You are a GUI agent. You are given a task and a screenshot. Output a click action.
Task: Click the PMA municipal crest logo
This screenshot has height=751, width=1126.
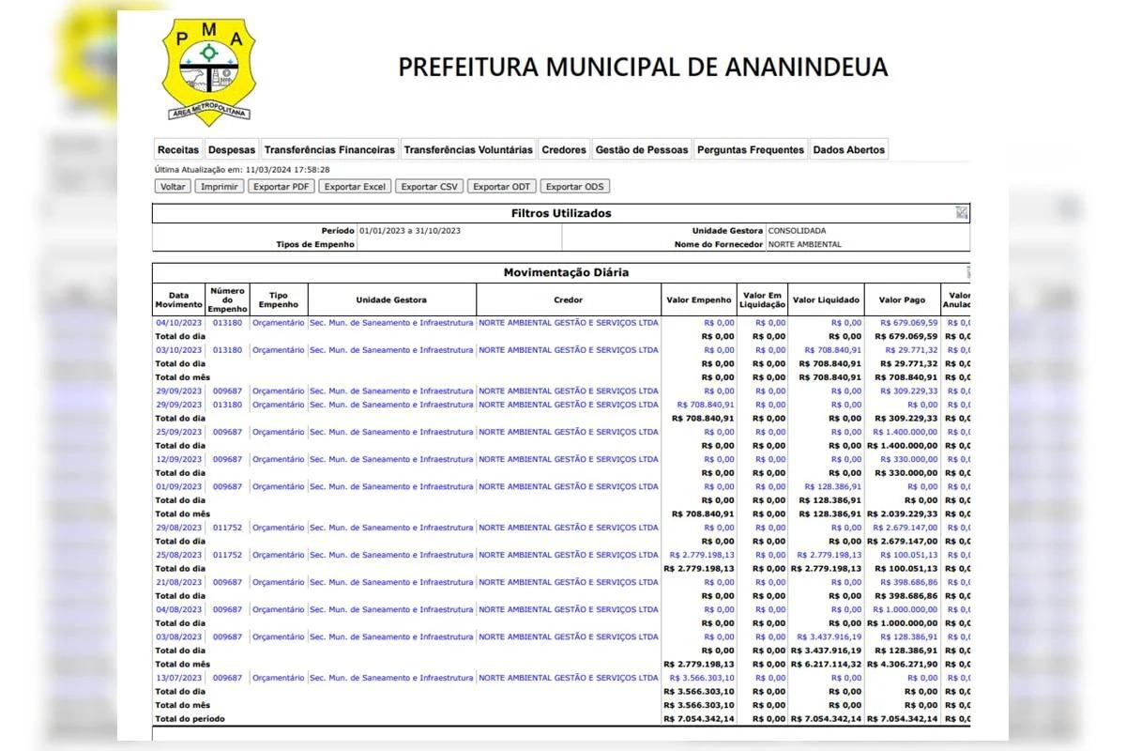tap(208, 70)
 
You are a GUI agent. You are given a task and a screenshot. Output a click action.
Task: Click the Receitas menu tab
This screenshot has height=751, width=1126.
tap(178, 149)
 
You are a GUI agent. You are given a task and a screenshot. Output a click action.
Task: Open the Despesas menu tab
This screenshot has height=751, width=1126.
tap(232, 149)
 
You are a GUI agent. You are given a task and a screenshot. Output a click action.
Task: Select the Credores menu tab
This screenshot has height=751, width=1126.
tap(564, 149)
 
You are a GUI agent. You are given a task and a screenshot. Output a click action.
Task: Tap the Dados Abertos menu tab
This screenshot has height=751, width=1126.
tap(848, 149)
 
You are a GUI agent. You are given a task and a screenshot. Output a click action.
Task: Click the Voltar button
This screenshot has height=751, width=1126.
tap(173, 187)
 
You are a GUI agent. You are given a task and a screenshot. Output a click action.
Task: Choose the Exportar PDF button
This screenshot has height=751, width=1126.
tap(281, 187)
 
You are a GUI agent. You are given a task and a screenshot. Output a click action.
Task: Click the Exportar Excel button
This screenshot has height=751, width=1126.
tap(355, 187)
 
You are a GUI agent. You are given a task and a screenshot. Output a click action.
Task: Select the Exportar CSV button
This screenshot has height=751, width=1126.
tap(429, 187)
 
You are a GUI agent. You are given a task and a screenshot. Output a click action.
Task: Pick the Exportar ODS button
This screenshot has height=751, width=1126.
tap(575, 187)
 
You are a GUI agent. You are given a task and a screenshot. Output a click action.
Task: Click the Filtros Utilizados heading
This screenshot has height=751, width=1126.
tap(561, 213)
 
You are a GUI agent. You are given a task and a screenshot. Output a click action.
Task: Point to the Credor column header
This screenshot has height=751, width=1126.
tap(568, 300)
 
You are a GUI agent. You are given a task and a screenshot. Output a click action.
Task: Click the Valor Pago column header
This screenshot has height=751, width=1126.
tap(902, 300)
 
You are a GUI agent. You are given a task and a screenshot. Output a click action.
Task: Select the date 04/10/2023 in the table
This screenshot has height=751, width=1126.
tap(178, 323)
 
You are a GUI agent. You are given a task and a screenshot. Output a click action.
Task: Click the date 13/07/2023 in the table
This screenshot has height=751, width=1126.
tap(178, 678)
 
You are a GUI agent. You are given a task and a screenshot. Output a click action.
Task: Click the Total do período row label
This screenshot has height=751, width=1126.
tap(190, 719)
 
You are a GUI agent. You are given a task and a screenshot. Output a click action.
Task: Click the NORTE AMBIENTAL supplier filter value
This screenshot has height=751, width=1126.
tap(804, 244)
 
